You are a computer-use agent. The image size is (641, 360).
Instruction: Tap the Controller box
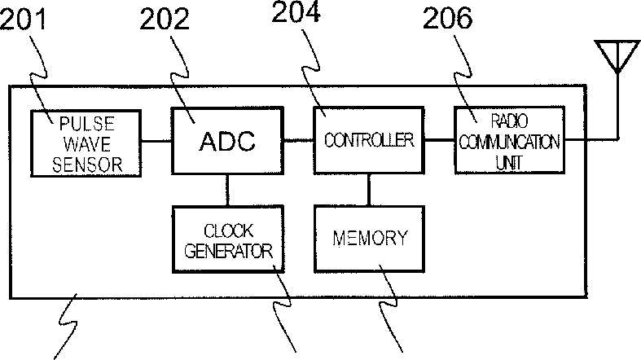click(369, 139)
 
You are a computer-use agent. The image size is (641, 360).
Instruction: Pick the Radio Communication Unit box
click(508, 139)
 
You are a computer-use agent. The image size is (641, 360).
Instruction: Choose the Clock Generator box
click(228, 240)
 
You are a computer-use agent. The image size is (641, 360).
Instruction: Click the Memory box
click(371, 239)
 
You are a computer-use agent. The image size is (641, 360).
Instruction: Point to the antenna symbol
click(617, 56)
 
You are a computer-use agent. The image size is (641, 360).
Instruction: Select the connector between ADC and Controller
click(298, 140)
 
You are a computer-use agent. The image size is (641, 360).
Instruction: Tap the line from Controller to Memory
click(370, 189)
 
